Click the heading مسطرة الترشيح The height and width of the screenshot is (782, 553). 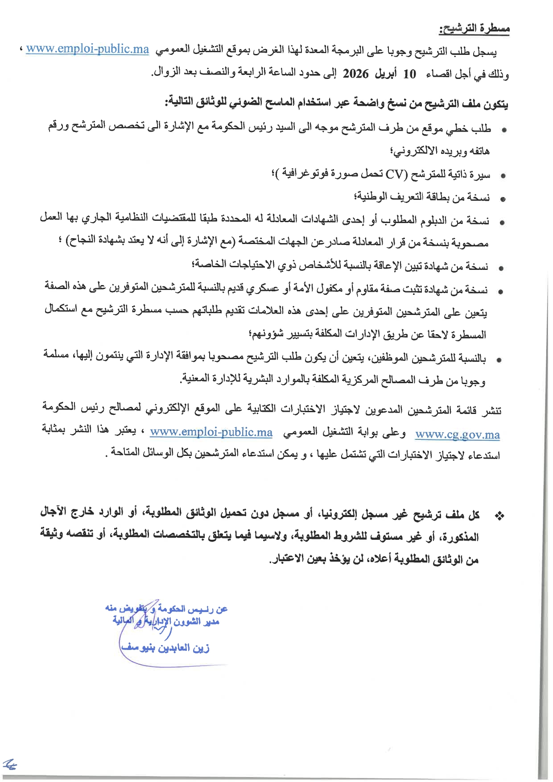(474, 29)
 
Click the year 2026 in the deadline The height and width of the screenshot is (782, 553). (355, 74)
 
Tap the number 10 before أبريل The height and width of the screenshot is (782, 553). (409, 74)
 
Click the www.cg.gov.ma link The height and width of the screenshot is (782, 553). (457, 434)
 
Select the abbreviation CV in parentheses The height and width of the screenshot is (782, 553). (394, 174)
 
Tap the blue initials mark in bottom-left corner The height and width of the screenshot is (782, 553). (10, 765)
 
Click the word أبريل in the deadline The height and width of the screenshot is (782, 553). (385, 74)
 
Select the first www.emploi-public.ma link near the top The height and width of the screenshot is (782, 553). (87, 49)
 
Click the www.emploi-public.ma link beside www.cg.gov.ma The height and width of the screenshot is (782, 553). (211, 432)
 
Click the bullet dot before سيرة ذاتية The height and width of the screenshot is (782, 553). (503, 176)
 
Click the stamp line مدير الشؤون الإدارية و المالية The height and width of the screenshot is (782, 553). (166, 621)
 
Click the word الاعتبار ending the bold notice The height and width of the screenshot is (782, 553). (288, 559)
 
